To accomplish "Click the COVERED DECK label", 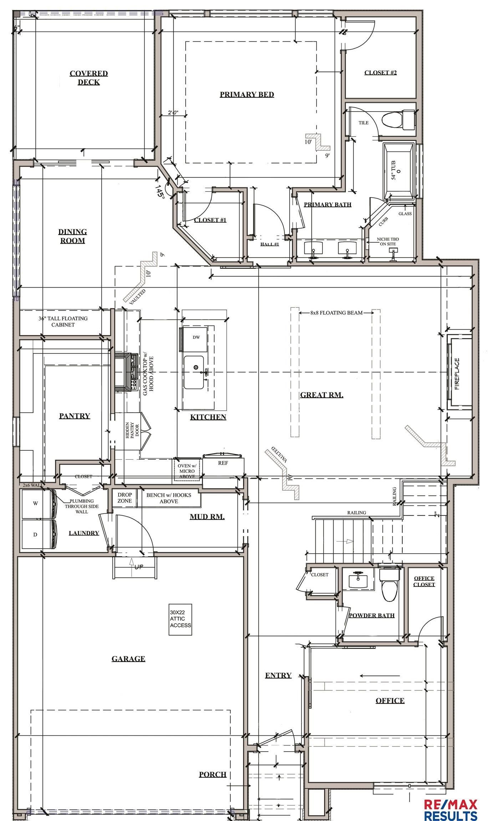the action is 88,78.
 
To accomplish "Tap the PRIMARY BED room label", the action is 247,94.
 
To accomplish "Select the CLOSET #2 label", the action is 380,72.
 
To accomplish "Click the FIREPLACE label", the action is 457,374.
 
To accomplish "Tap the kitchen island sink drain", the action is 196,367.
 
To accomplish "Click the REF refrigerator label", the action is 223,463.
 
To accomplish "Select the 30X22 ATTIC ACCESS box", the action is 181,619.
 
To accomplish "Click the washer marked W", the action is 36,504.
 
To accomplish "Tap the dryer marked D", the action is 36,535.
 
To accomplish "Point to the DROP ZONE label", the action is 125,498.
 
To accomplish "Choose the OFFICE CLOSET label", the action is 424,581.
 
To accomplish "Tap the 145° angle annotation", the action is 160,192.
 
